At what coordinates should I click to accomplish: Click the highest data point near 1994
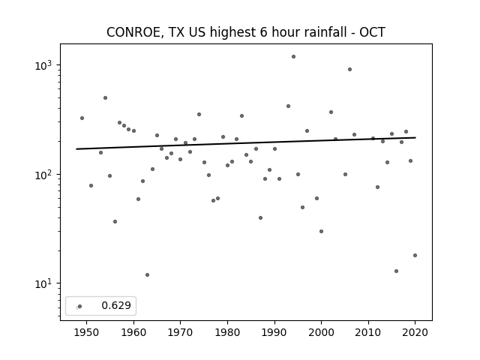pos(293,57)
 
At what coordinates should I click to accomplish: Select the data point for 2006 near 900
pos(350,70)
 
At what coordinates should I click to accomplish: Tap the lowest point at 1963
pos(147,275)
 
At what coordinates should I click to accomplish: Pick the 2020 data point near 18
pos(415,255)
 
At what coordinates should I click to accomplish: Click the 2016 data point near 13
pos(397,271)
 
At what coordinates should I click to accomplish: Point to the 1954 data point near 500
pos(105,98)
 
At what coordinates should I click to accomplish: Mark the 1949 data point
pos(82,118)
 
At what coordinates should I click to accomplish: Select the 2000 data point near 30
pos(322,232)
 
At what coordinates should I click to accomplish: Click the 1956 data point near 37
pos(115,222)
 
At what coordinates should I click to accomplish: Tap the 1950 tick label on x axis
pos(87,332)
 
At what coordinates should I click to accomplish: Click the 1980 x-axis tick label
pos(227,332)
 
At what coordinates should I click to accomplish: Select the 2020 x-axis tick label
pos(415,332)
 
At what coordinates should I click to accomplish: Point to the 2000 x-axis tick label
pos(322,332)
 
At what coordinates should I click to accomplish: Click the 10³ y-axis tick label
pos(43,65)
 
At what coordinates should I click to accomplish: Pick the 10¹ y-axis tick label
pos(43,283)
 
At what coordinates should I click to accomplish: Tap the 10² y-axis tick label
pos(43,175)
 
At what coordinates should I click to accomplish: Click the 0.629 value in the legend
pos(116,305)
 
